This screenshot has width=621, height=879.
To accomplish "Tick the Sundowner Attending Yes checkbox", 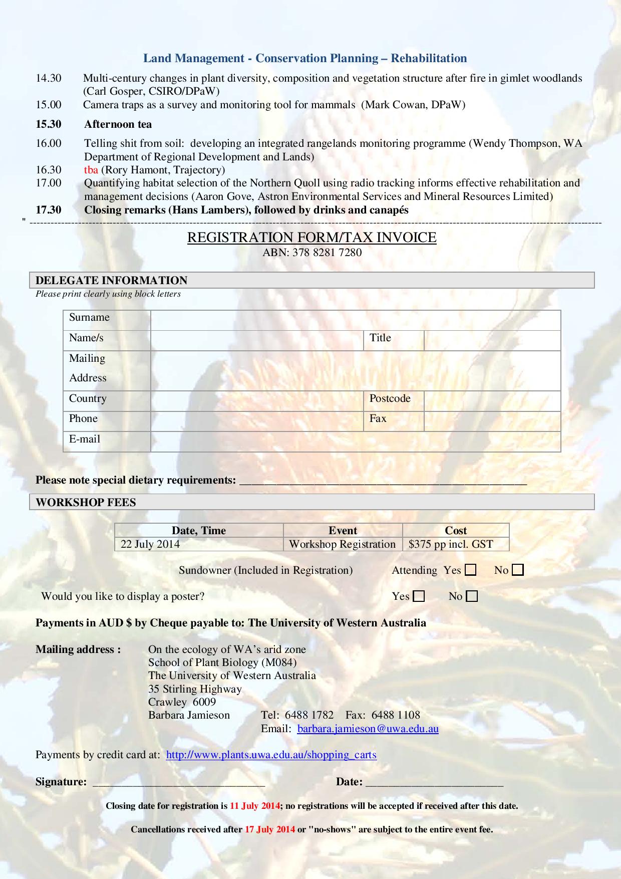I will click(x=470, y=570).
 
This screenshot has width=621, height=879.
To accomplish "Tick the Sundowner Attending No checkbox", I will click(x=518, y=570).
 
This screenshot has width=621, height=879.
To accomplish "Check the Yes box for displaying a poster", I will click(x=419, y=596).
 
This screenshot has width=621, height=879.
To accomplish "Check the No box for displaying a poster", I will click(x=472, y=596).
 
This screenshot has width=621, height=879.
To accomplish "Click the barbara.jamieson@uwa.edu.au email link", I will click(x=368, y=729).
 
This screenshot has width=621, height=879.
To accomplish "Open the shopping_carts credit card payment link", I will click(x=271, y=755).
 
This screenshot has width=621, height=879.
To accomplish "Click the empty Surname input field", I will click(x=355, y=320).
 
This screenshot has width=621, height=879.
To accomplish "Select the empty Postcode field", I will click(x=492, y=401).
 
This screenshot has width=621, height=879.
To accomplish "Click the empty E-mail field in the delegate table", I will click(x=355, y=442).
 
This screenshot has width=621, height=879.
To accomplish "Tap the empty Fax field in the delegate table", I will click(x=492, y=421).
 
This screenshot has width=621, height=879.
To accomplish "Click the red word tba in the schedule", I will click(x=91, y=170).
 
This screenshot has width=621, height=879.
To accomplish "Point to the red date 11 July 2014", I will click(x=254, y=806).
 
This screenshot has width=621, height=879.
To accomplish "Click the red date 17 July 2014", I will click(x=269, y=829).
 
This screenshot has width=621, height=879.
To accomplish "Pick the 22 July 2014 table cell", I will click(x=199, y=544).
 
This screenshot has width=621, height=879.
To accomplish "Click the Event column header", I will click(x=343, y=531).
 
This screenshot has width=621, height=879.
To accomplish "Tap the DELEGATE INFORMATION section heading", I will click(x=112, y=280).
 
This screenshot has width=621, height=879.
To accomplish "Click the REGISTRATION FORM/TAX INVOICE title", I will click(x=312, y=238).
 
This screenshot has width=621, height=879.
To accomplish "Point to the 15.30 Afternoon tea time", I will click(x=48, y=124).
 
